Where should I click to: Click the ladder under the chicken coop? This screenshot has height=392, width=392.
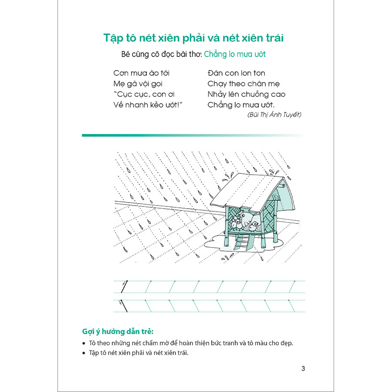[x=240, y=241]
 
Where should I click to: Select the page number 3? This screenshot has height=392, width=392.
[x=303, y=368]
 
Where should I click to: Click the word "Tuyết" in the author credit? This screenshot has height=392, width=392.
[x=291, y=115]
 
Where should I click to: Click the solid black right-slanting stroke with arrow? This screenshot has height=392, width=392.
[x=124, y=287]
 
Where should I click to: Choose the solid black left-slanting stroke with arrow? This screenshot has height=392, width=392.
[x=123, y=306]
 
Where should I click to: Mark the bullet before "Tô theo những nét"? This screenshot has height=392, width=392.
[x=84, y=343]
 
